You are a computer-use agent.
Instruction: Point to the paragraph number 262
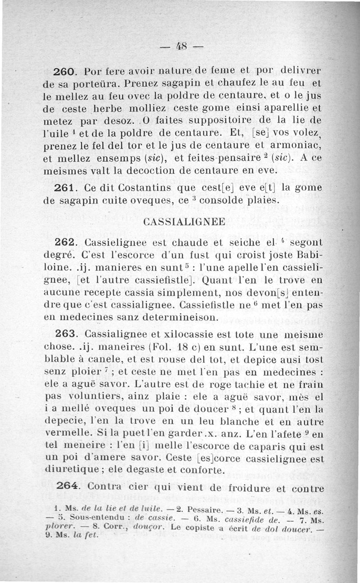click(x=67, y=242)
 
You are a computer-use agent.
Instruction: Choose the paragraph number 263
click(x=67, y=334)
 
